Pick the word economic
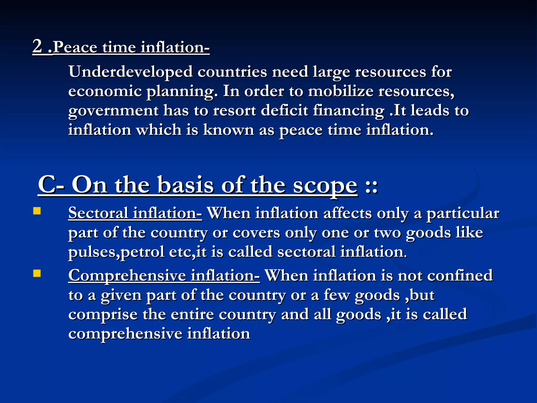click(105, 91)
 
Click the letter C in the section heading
click(46, 185)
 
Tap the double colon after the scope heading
click(371, 187)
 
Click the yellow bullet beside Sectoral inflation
click(37, 211)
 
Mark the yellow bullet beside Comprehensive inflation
click(37, 274)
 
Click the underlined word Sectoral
click(98, 213)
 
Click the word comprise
click(103, 315)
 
